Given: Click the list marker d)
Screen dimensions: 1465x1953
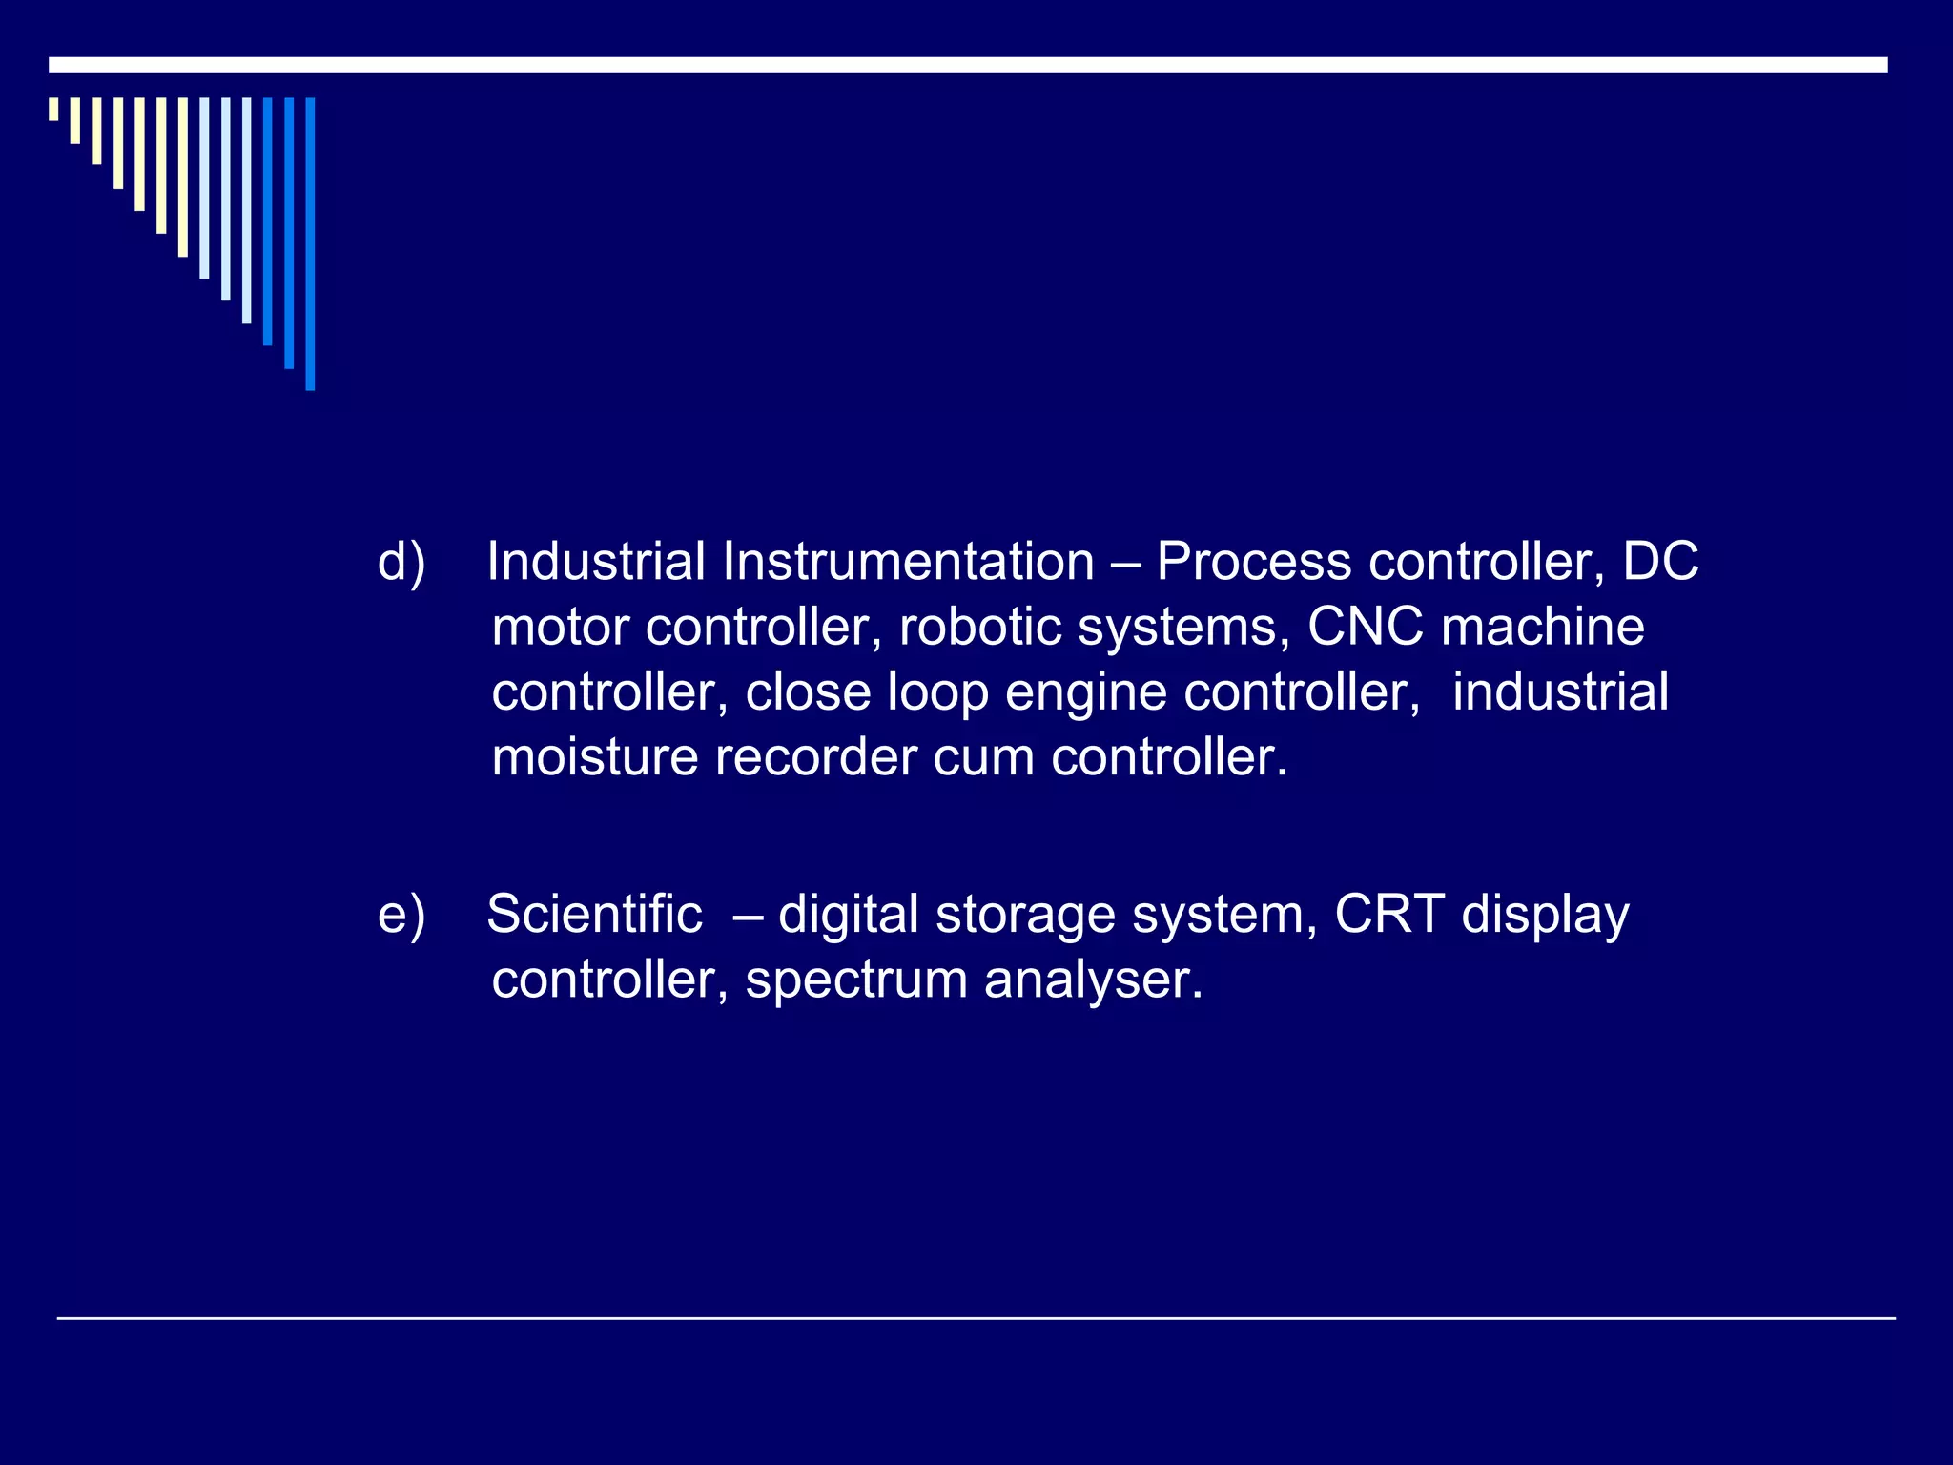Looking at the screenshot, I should tap(401, 562).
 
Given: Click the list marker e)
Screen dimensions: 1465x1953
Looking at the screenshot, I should tap(401, 915).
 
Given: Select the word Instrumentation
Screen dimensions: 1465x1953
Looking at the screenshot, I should tap(908, 562).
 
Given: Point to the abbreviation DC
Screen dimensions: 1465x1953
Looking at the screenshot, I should tap(1660, 562).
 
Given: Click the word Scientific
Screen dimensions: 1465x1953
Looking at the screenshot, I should tap(594, 915).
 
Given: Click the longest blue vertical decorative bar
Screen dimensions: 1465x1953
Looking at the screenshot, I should tap(310, 243).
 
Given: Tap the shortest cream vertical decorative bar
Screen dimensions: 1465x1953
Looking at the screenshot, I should tap(53, 109).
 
